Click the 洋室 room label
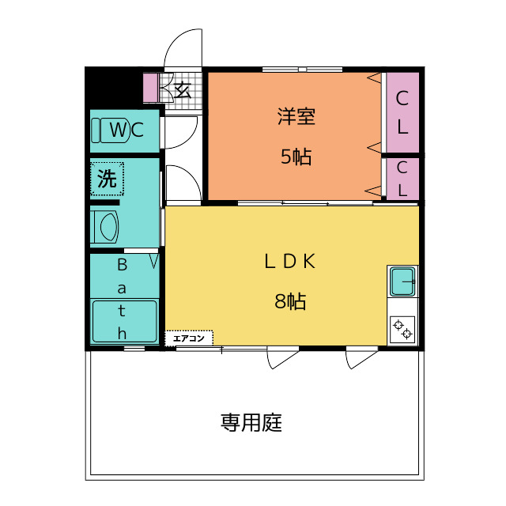point(296,117)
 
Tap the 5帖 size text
point(296,157)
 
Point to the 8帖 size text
point(290,301)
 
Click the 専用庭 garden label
point(251,422)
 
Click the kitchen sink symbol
point(402,280)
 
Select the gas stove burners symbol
point(402,328)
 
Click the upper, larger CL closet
point(402,112)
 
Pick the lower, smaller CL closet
point(402,179)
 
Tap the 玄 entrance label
point(183,89)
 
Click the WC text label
point(126,130)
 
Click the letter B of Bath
point(123,263)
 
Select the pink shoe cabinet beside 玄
point(150,88)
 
